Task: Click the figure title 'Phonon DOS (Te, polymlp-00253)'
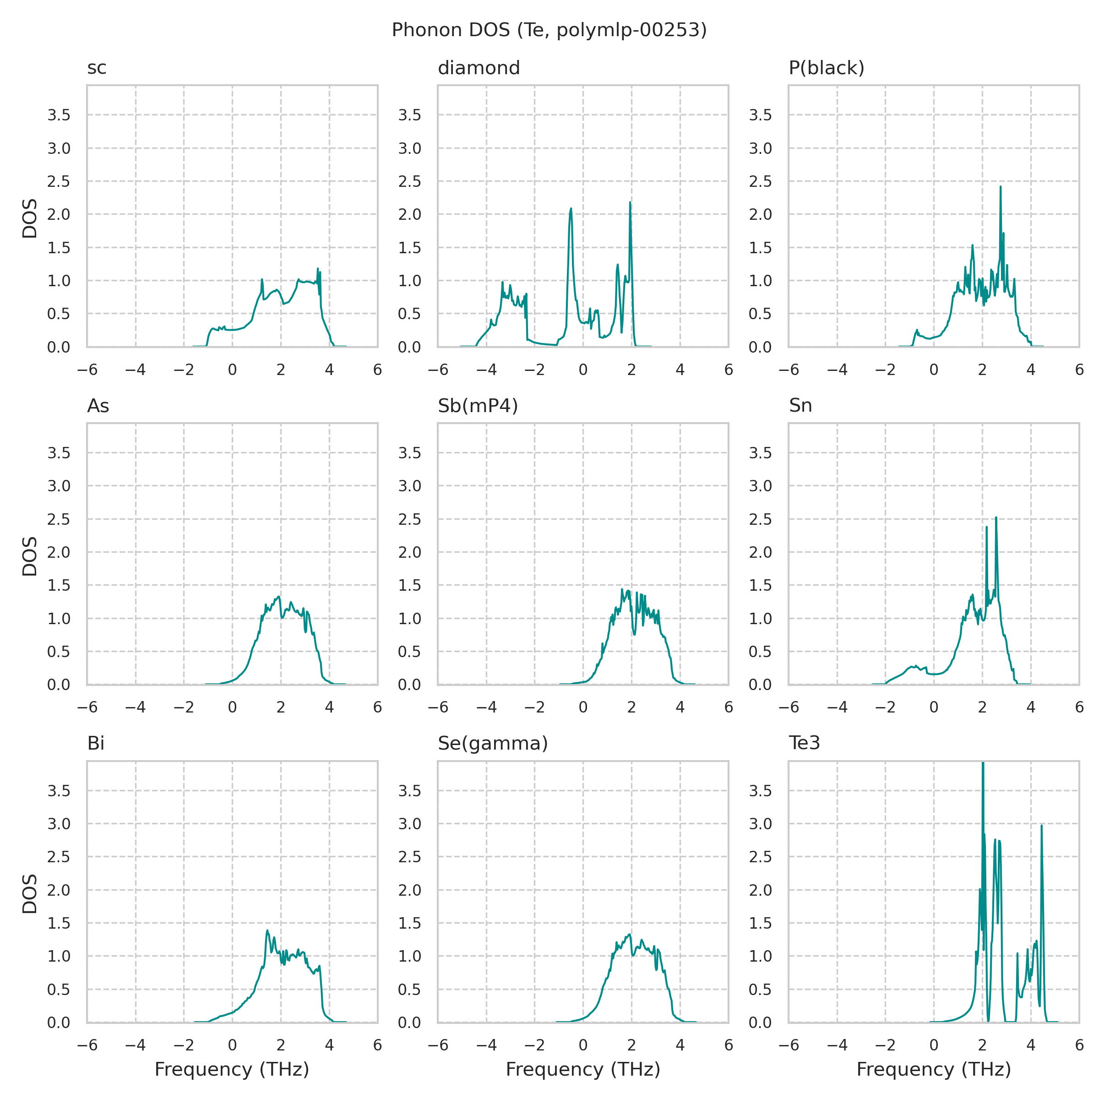pyautogui.click(x=549, y=30)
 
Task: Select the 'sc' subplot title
pyautogui.click(x=97, y=68)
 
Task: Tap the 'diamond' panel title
pyautogui.click(x=479, y=68)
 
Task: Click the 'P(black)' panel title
pyautogui.click(x=826, y=68)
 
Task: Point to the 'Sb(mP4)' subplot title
pyautogui.click(x=478, y=406)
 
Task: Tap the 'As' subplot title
pyautogui.click(x=98, y=406)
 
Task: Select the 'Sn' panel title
pyautogui.click(x=800, y=406)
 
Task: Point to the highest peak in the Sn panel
pyautogui.click(x=996, y=517)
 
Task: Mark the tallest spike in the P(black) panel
pyautogui.click(x=1001, y=186)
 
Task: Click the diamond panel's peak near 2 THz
pyautogui.click(x=630, y=202)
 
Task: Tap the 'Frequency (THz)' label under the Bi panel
pyautogui.click(x=232, y=1069)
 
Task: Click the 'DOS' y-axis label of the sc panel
pyautogui.click(x=30, y=218)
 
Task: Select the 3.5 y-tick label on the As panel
pyautogui.click(x=59, y=453)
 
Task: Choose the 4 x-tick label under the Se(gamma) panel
pyautogui.click(x=680, y=1045)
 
